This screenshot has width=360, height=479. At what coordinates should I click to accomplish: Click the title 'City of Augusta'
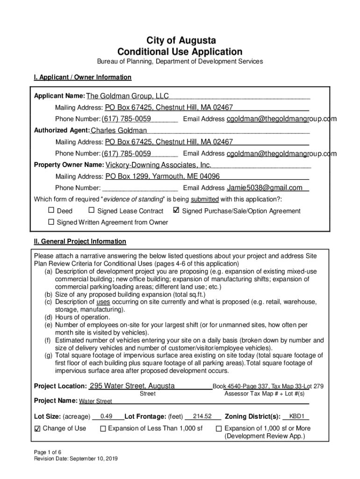tap(180, 40)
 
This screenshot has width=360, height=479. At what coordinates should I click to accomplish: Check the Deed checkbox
tap(51, 211)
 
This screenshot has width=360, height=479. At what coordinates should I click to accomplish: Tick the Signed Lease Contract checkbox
tap(92, 211)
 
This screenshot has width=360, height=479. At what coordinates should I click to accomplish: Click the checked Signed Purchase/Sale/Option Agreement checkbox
tap(176, 211)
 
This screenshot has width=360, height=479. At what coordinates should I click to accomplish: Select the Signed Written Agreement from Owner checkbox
tap(51, 222)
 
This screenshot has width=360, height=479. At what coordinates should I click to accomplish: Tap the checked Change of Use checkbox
tap(38, 428)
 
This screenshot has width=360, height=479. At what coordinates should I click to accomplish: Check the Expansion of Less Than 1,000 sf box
tap(103, 428)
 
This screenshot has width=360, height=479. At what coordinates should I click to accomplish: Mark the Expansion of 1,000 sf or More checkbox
tap(218, 428)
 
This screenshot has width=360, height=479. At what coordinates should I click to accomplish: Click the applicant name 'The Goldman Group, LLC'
tap(127, 96)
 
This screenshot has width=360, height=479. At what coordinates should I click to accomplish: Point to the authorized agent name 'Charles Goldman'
tap(118, 131)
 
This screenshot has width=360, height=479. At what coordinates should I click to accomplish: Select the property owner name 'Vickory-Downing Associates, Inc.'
tap(158, 165)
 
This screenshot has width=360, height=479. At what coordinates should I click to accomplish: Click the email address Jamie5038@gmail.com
tap(265, 188)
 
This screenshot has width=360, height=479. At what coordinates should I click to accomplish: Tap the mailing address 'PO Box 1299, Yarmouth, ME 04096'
tap(162, 177)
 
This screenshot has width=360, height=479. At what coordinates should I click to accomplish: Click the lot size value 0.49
tap(106, 416)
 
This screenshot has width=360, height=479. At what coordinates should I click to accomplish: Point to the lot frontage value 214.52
tap(202, 416)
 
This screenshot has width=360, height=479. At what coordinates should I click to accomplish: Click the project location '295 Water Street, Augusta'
tap(132, 386)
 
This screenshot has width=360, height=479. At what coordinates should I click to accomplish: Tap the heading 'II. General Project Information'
tap(80, 241)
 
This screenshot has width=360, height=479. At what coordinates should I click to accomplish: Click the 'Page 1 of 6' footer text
tap(48, 452)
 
